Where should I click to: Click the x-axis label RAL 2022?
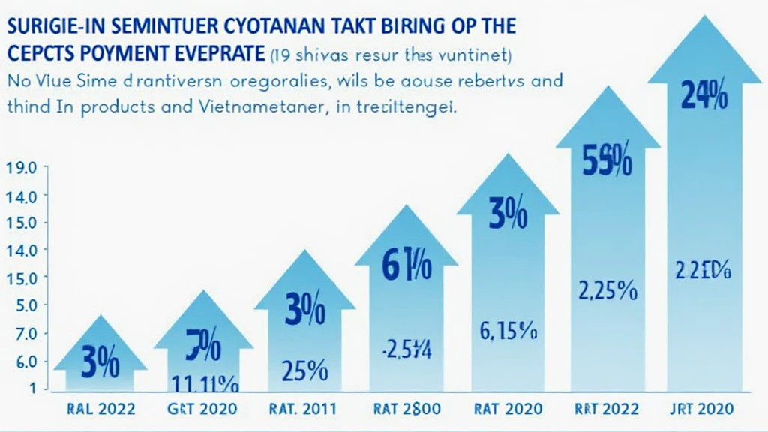coord(102,409)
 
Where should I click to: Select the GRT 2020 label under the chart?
coord(202,409)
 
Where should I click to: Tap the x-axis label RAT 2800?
coord(404,409)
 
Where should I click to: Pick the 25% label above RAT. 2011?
coord(304,370)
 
